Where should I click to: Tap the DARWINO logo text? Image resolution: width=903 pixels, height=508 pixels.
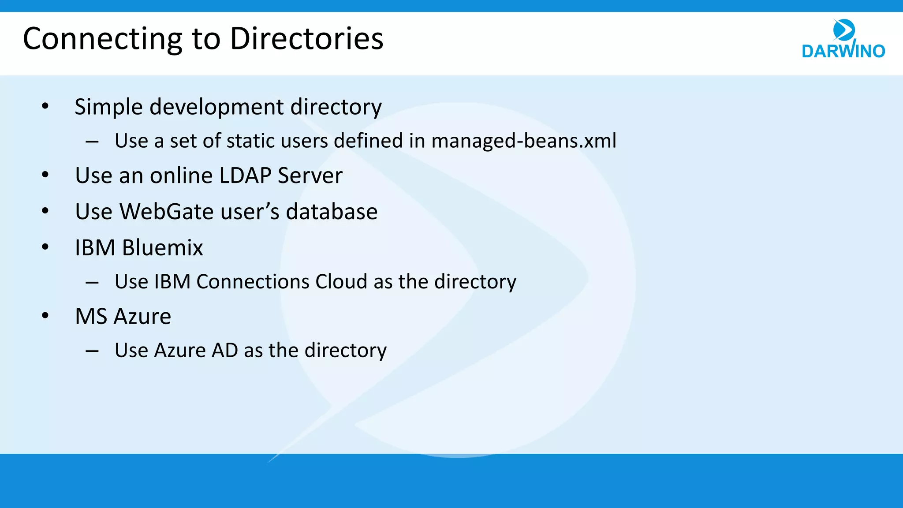point(843,51)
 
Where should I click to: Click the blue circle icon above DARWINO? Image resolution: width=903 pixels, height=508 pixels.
point(844,30)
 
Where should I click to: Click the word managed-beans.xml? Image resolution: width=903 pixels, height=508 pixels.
point(523,141)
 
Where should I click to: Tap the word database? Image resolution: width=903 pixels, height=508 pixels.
point(332,212)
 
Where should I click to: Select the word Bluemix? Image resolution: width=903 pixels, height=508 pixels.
point(162,248)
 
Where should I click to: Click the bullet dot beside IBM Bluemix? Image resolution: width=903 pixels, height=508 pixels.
point(45,247)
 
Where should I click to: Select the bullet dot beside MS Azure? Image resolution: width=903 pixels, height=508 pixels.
point(45,316)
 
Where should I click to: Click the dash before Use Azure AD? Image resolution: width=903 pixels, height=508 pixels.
point(92,351)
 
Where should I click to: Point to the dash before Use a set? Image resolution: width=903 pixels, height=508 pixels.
point(92,142)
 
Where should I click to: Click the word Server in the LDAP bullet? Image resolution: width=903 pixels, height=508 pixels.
point(310,176)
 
